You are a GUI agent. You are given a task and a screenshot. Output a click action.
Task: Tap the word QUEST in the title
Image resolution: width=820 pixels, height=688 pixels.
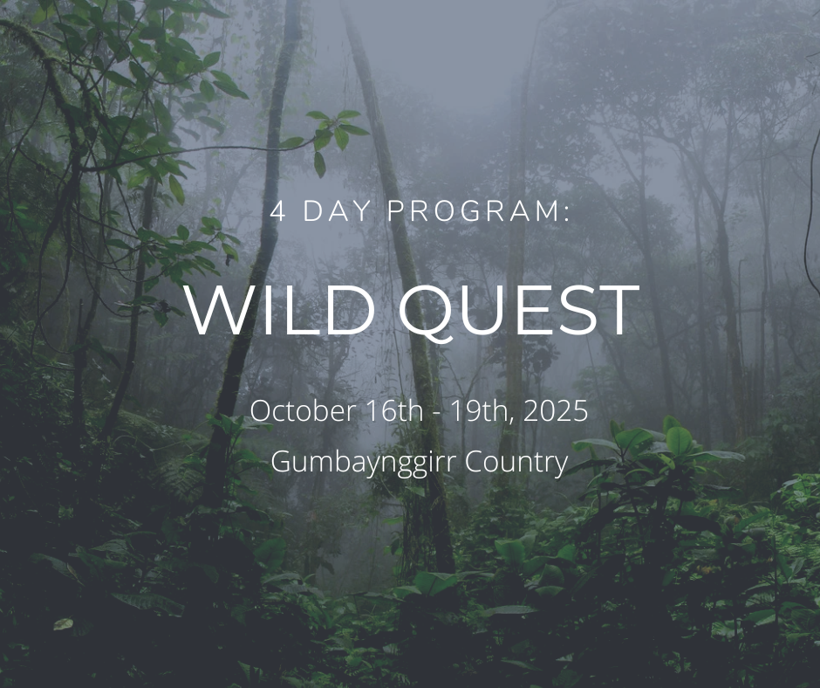(519, 312)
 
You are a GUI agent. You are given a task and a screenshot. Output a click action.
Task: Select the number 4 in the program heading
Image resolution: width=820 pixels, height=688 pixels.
(278, 211)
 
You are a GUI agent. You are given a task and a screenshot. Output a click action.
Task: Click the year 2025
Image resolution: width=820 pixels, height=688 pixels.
(556, 410)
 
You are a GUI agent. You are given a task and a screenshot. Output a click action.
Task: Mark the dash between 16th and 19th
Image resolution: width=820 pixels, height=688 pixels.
(435, 414)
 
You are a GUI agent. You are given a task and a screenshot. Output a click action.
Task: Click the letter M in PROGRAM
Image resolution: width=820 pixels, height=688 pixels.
(548, 211)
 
